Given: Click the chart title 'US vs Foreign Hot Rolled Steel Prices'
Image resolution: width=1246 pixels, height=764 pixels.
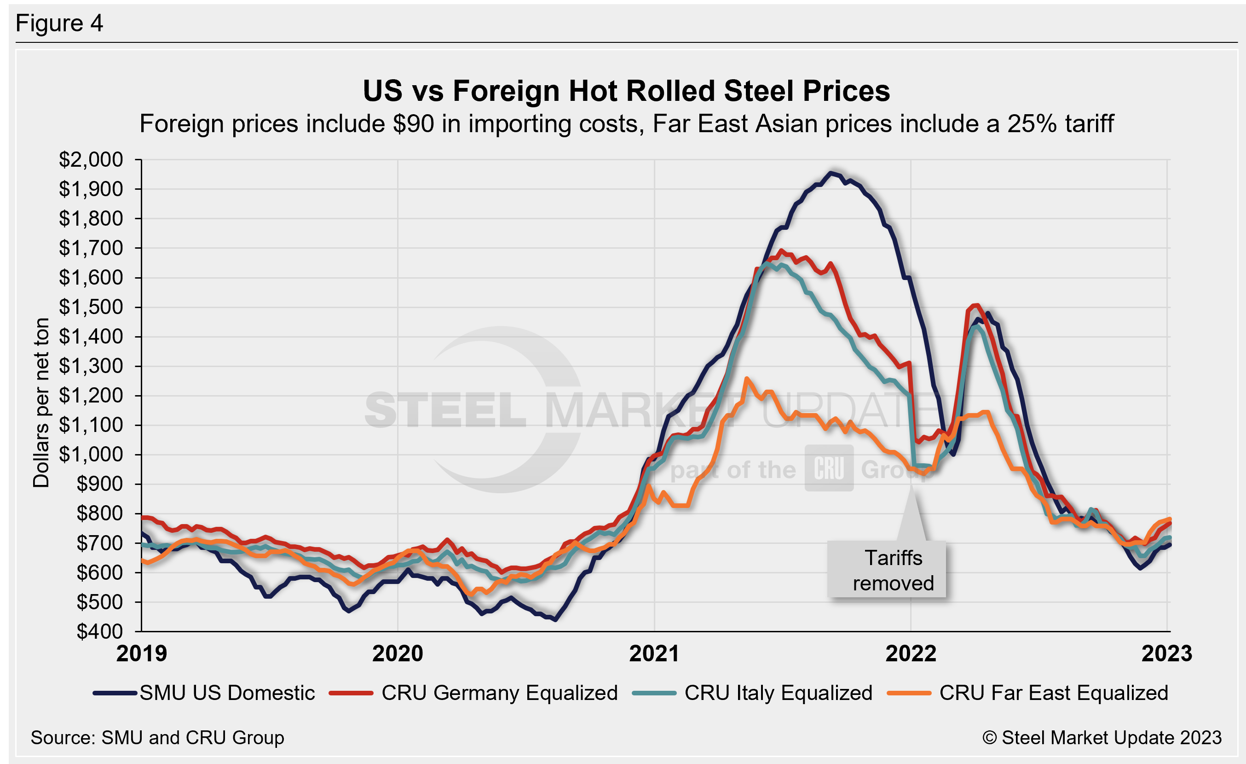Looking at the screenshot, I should (626, 91).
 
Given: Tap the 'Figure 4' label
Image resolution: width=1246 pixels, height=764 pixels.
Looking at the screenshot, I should (59, 23).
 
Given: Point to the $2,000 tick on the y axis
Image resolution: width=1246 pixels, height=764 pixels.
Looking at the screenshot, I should (91, 160).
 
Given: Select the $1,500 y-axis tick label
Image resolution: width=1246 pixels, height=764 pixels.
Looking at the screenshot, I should (91, 307).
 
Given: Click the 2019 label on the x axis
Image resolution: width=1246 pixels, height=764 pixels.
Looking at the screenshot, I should (142, 653).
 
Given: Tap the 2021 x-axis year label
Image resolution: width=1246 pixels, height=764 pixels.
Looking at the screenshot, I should (654, 653).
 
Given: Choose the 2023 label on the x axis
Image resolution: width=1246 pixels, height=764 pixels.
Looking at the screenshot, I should (1166, 653).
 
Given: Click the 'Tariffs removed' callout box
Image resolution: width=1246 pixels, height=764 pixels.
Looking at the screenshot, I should (887, 570).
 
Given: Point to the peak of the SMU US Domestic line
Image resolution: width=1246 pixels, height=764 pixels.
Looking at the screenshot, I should (830, 173).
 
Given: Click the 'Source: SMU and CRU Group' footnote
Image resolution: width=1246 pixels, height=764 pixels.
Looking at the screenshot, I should (157, 738).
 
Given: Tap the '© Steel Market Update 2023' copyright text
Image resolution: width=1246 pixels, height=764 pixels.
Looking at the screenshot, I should (1102, 738).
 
